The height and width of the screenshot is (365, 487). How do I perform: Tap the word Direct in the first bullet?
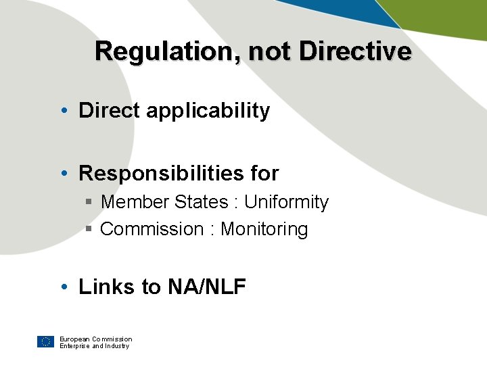pyautogui.click(x=109, y=111)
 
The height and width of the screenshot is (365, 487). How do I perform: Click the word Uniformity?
pyautogui.click(x=286, y=202)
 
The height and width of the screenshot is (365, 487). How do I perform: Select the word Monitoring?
pyautogui.click(x=264, y=229)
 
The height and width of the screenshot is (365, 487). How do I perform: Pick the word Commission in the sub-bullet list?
pyautogui.click(x=152, y=229)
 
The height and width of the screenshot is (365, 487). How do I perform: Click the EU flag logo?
pyautogui.click(x=45, y=342)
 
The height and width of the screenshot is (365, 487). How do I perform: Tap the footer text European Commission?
pyautogui.click(x=95, y=339)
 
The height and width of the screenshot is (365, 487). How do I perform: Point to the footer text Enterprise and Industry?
pyautogui.click(x=94, y=346)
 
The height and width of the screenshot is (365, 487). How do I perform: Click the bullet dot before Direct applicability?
pyautogui.click(x=62, y=111)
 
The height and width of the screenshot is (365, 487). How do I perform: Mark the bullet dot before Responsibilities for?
pyautogui.click(x=62, y=174)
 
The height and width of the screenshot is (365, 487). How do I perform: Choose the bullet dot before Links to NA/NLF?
pyautogui.click(x=62, y=287)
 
